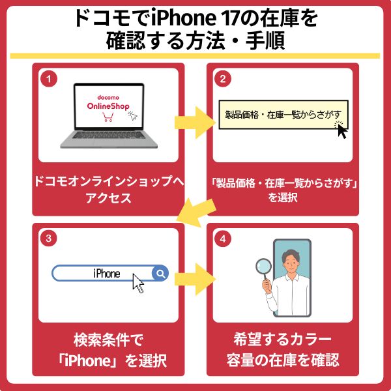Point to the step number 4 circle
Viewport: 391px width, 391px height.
coord(222,239)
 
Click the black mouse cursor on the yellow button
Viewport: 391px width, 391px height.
coord(342,130)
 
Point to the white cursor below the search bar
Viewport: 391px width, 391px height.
coord(138,283)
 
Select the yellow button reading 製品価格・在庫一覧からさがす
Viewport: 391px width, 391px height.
coord(280,117)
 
